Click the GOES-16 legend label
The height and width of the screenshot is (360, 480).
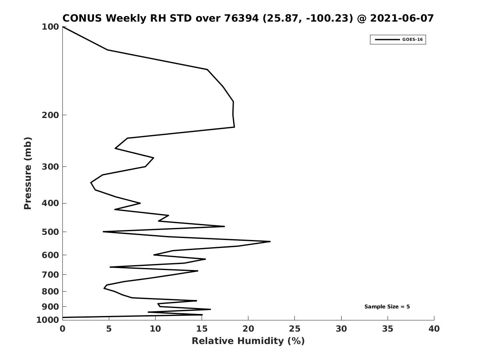[412, 40]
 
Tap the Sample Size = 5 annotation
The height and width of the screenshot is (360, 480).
[387, 307]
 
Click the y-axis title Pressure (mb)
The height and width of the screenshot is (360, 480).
[28, 173]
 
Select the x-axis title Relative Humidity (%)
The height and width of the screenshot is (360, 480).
[248, 341]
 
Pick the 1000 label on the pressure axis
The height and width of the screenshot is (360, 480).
[48, 320]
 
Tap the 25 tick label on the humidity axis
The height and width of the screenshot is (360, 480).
[294, 329]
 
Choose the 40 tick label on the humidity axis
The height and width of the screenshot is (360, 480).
[434, 329]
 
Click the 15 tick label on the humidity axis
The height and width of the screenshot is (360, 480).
[202, 329]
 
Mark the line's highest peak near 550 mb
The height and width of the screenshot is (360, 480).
[270, 242]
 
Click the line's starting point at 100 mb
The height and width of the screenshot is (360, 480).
[63, 27]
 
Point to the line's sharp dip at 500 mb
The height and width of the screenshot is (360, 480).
[103, 232]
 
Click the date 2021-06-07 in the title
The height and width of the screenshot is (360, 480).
[402, 18]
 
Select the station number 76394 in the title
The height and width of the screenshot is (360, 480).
[242, 18]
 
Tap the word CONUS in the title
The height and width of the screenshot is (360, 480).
[82, 18]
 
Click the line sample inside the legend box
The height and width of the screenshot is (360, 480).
[387, 40]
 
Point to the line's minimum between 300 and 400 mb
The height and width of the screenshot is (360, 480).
[91, 182]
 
